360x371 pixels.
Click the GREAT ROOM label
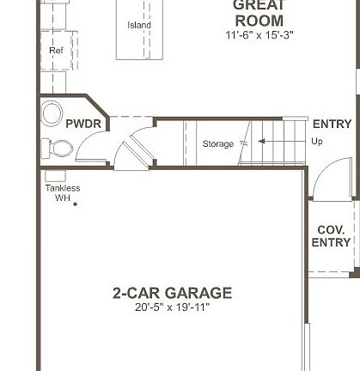pyautogui.click(x=259, y=12)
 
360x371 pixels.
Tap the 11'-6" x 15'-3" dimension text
pyautogui.click(x=259, y=34)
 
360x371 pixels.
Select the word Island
pyautogui.click(x=139, y=25)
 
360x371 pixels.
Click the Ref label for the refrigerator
pyautogui.click(x=57, y=51)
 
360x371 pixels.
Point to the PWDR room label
pyautogui.click(x=83, y=125)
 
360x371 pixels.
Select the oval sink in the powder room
pyautogui.click(x=53, y=113)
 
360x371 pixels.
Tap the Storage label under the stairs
pyautogui.click(x=217, y=143)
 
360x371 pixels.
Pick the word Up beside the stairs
pyautogui.click(x=317, y=142)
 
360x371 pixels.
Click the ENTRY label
pyautogui.click(x=332, y=125)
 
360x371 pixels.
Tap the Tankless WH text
pyautogui.click(x=63, y=192)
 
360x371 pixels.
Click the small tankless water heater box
pyautogui.click(x=51, y=175)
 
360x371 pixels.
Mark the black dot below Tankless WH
pyautogui.click(x=76, y=204)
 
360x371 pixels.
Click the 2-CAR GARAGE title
pyautogui.click(x=172, y=293)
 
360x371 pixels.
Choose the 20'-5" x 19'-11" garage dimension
pyautogui.click(x=172, y=307)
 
